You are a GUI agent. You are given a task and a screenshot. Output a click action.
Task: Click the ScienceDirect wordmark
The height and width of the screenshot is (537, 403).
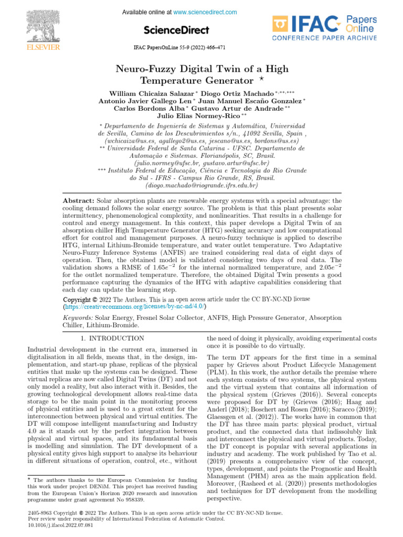coord(176,30)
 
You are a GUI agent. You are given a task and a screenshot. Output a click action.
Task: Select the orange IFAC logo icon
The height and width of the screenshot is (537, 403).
coord(282,24)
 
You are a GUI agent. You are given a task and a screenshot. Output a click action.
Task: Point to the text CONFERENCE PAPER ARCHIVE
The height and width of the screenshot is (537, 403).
coord(324,38)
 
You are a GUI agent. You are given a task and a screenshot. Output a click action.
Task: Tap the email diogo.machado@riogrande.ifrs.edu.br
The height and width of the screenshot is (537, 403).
coord(201,185)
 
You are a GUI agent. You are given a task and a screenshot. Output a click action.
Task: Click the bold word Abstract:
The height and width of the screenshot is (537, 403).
coord(78,201)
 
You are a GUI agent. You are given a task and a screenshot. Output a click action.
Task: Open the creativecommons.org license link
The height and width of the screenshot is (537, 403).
coord(134,306)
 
